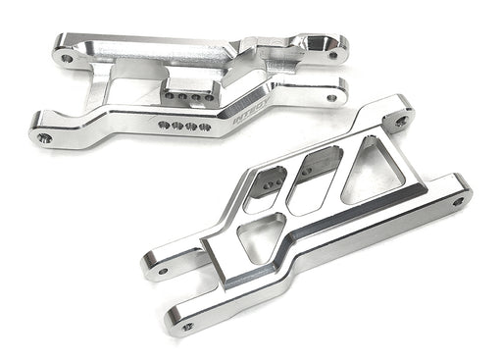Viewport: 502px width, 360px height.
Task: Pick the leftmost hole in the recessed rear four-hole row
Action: point(167,98)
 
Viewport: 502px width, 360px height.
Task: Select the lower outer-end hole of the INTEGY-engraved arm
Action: point(332,97)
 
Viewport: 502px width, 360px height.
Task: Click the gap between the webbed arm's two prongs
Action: point(196,289)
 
